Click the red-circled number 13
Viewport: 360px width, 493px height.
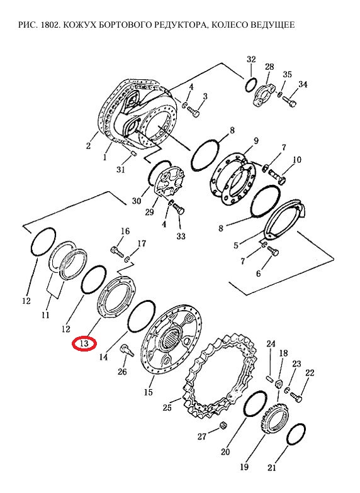click(x=84, y=343)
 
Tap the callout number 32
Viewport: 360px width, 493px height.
click(x=251, y=59)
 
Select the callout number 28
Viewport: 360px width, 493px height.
click(x=269, y=67)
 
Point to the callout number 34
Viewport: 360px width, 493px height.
click(x=303, y=84)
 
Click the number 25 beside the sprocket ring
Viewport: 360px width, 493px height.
click(x=167, y=407)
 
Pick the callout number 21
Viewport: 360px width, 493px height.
click(x=272, y=468)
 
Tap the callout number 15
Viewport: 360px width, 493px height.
click(x=149, y=392)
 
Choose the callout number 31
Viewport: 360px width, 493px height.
click(x=121, y=170)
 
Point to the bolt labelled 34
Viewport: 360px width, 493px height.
click(x=290, y=102)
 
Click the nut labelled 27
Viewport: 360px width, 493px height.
click(x=223, y=425)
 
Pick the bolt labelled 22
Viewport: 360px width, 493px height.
click(x=296, y=397)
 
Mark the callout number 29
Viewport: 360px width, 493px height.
click(x=150, y=212)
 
